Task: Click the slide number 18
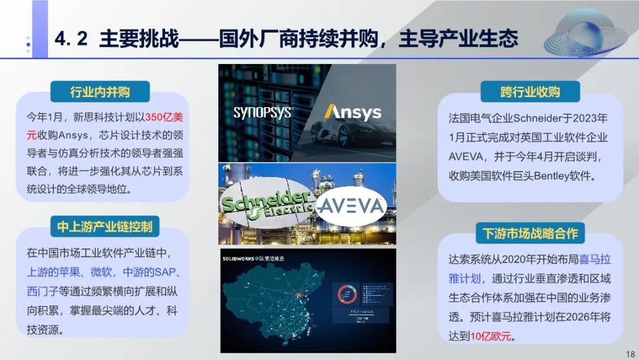[x=630, y=354]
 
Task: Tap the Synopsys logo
[x=263, y=112]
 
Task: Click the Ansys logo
[x=352, y=112]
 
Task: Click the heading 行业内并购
[x=100, y=92]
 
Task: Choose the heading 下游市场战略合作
[x=530, y=233]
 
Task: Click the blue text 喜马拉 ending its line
[x=595, y=259]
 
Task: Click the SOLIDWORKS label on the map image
[x=244, y=259]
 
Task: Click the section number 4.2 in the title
[x=71, y=39]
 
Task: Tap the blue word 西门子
[x=42, y=291]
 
